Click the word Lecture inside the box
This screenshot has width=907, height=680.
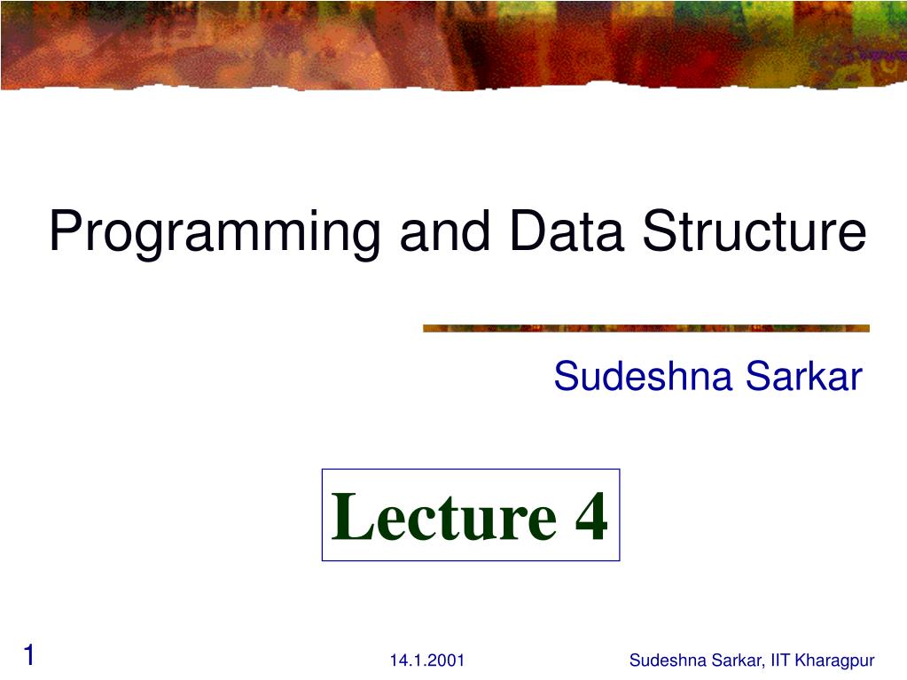443,517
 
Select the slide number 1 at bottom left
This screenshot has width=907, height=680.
29,656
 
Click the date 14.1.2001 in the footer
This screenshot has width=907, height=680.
426,660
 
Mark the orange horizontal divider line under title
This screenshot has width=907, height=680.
645,328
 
